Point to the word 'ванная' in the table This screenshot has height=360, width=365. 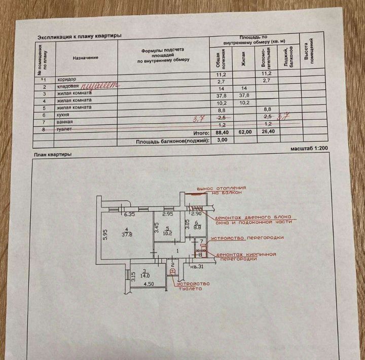[x=65, y=123]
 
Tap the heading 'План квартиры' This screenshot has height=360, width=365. [x=53, y=154]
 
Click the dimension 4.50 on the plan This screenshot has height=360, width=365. [x=148, y=285]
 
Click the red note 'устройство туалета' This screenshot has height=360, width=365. [x=193, y=285]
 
